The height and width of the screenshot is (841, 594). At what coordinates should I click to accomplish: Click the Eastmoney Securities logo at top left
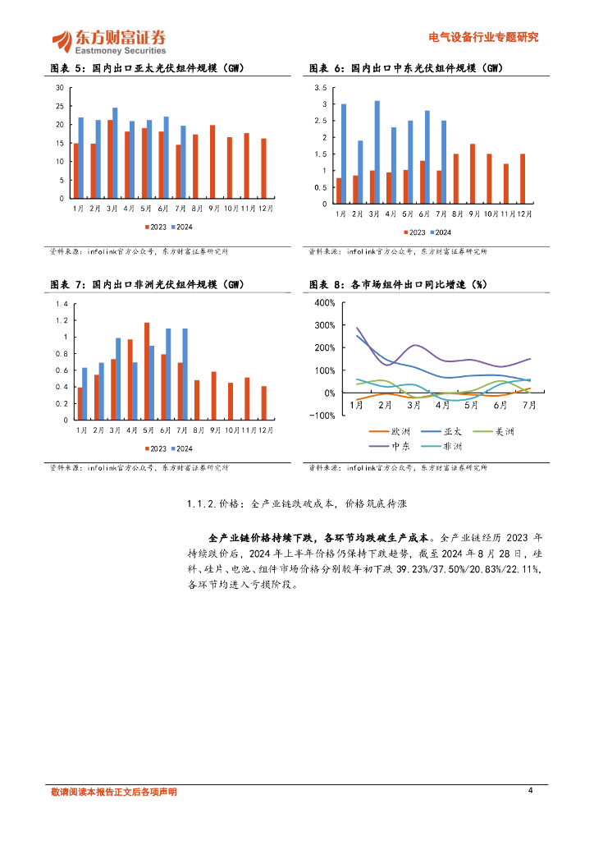pos(108,40)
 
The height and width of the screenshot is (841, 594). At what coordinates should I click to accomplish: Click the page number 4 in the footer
pos(531,790)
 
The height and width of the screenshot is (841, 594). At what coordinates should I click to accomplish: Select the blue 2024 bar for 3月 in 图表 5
pos(115,153)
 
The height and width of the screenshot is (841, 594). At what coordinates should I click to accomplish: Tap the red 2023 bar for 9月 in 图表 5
pos(212,162)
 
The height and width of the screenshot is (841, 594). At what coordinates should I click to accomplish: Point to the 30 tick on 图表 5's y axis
pos(60,87)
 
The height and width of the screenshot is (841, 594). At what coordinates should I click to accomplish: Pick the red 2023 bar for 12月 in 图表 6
pos(522,178)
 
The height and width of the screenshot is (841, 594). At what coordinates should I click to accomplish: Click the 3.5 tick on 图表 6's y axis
pos(321,87)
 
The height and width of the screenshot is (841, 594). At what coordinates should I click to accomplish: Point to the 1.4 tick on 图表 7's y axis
pos(62,304)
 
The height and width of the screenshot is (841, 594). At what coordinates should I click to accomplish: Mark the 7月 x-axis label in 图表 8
pos(530,405)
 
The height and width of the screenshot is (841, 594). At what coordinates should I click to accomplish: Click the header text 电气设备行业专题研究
pos(484,37)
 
